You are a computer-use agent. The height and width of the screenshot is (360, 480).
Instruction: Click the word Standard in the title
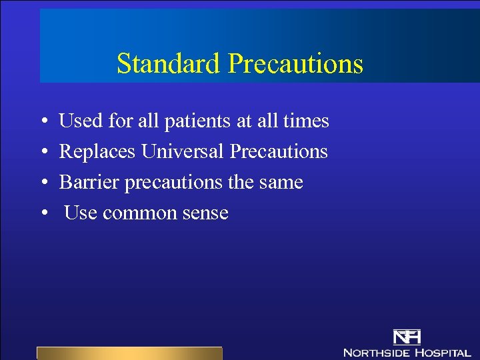tap(168, 64)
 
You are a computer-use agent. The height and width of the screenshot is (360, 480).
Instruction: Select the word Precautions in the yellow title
tap(295, 64)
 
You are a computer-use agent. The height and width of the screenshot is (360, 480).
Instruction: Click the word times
tap(306, 121)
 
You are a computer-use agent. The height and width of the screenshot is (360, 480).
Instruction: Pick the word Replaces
tap(97, 152)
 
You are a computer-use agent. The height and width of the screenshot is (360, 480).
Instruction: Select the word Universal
tap(183, 152)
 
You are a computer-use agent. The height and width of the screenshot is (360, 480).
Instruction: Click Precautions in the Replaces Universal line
tap(279, 152)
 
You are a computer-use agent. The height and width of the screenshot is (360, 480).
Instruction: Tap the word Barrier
tap(85, 183)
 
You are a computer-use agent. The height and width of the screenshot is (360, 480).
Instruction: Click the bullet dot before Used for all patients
tap(43, 122)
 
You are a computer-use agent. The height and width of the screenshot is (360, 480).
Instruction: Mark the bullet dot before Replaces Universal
tap(43, 153)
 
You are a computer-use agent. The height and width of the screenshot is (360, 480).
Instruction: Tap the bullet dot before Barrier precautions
tap(43, 183)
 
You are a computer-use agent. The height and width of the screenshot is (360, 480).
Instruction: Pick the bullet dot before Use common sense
tap(43, 214)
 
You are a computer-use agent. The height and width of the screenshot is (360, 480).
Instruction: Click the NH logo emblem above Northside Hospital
tap(407, 337)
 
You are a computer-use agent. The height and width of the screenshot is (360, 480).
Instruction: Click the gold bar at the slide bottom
tap(129, 353)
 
